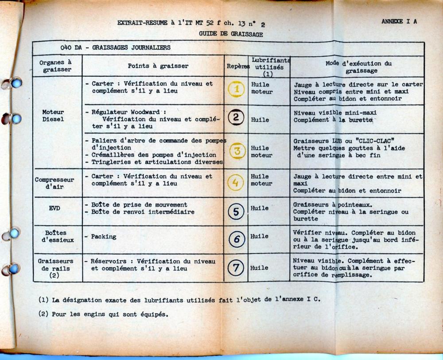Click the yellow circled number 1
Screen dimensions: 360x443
coord(236,89)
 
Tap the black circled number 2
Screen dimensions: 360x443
coord(236,118)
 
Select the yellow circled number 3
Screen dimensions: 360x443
coord(236,151)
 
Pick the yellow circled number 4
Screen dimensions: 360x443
coord(236,182)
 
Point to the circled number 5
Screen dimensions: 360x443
coord(236,211)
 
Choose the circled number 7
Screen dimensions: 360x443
coord(236,267)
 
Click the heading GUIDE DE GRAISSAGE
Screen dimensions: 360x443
coord(231,34)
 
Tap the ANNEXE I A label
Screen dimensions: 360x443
coord(399,21)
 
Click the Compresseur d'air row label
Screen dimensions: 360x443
coord(54,184)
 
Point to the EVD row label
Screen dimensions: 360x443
coord(54,207)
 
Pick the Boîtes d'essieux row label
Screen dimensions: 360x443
coord(55,236)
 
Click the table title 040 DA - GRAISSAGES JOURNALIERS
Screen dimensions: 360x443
coord(116,47)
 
